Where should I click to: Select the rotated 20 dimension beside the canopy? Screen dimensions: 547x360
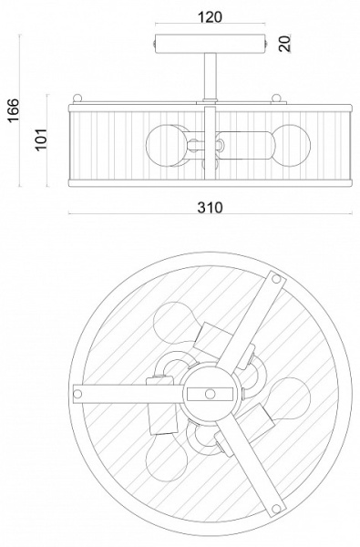pos(284,44)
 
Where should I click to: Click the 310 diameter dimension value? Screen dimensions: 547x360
pos(210,208)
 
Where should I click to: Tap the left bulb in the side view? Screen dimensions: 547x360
pos(162,144)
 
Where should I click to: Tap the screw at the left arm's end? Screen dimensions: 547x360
pos(80,393)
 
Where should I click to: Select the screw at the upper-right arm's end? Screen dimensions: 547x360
pos(273,284)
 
